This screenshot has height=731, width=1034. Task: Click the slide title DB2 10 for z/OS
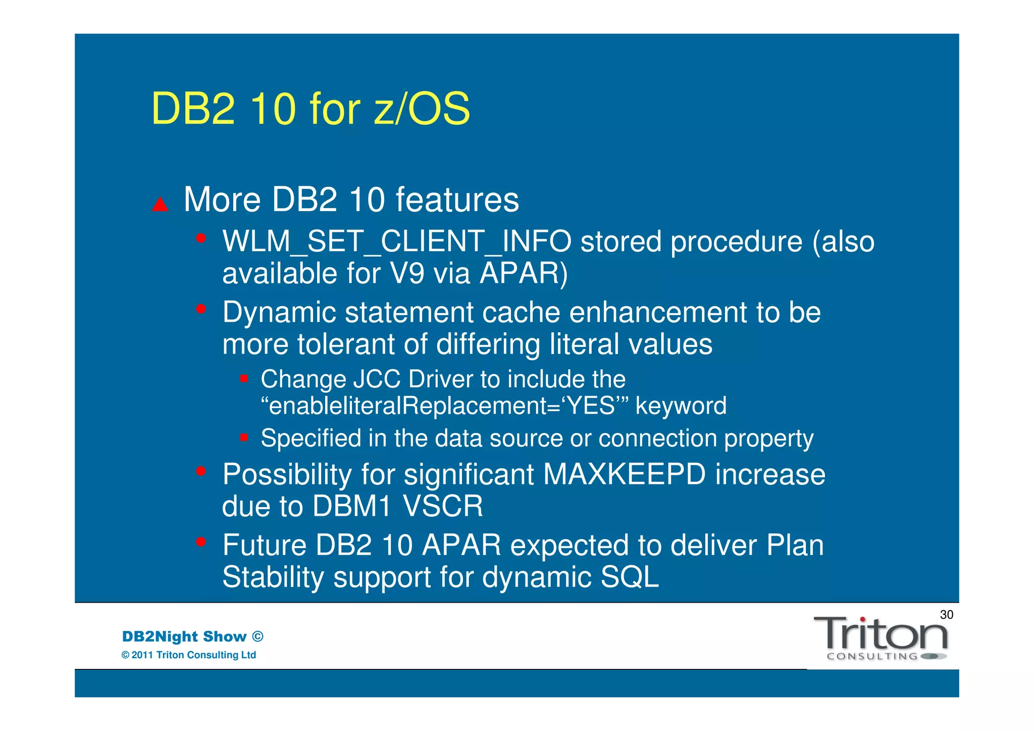(310, 109)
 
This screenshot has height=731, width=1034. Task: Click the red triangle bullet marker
(160, 204)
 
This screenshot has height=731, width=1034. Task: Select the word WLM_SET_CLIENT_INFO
(397, 241)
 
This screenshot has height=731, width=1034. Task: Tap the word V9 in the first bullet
(407, 273)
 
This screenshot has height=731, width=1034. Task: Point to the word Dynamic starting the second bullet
(279, 312)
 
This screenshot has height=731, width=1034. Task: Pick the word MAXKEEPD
(624, 474)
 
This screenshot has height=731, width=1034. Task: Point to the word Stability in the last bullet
(273, 577)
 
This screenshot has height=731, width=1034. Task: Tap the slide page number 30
(946, 614)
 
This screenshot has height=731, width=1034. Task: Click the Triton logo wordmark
(881, 635)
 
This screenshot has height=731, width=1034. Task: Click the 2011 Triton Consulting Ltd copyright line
(189, 655)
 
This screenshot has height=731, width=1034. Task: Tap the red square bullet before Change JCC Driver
(244, 378)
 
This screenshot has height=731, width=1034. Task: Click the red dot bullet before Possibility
(201, 471)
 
